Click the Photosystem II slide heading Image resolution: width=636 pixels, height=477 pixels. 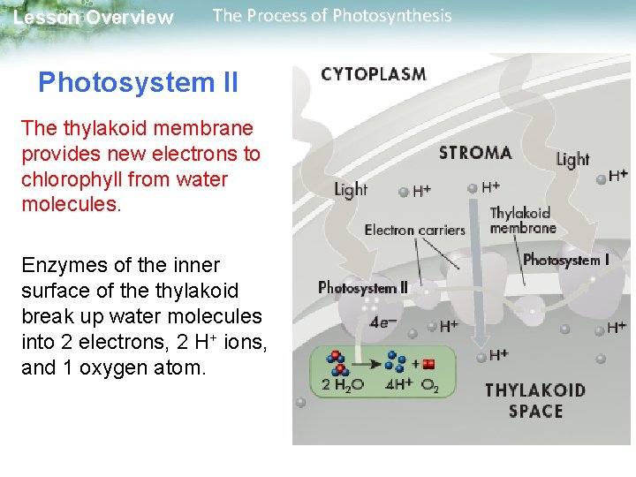click(138, 83)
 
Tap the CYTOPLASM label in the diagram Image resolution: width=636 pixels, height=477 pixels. click(373, 74)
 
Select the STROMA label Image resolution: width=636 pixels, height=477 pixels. click(475, 153)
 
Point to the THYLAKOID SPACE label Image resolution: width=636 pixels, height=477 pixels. click(535, 400)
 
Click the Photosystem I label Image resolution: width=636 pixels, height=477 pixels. click(566, 260)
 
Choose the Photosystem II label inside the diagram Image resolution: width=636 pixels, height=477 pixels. click(362, 287)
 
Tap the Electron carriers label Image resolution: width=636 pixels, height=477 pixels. click(414, 231)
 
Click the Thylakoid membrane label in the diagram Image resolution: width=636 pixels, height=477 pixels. click(522, 220)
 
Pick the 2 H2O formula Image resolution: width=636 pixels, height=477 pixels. click(343, 385)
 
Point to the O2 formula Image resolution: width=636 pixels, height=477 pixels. click(429, 385)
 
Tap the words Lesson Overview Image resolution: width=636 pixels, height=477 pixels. click(94, 18)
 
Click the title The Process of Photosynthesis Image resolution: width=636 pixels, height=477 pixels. click(332, 16)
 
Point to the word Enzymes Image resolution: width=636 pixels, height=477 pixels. click(57, 265)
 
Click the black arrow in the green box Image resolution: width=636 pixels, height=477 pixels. click(369, 362)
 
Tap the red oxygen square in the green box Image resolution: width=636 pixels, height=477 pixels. click(429, 364)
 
